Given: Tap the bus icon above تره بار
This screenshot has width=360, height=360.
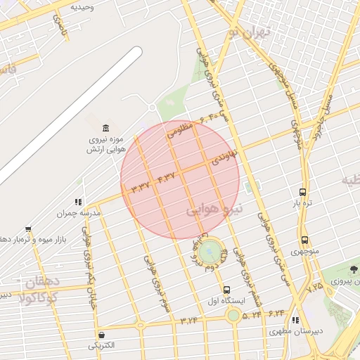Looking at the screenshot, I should [x=302, y=191].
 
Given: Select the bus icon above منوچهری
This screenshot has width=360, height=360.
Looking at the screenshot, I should [x=304, y=240].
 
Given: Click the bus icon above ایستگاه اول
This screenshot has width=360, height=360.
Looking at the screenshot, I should [x=226, y=289].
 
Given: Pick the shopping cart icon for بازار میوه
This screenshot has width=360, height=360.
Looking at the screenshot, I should [x=27, y=229].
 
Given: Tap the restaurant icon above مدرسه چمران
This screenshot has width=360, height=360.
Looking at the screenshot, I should [x=78, y=202].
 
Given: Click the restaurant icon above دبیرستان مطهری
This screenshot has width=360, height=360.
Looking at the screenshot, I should [x=295, y=319].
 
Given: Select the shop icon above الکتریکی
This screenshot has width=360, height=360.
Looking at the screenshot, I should [x=103, y=335].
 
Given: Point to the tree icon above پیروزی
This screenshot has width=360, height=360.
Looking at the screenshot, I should [x=354, y=270].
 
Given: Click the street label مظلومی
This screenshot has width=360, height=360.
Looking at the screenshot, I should [x=180, y=129].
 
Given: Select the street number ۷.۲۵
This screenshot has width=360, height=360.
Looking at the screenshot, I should [x=314, y=286].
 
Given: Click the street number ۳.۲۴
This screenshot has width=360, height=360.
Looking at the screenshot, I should [x=188, y=321].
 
